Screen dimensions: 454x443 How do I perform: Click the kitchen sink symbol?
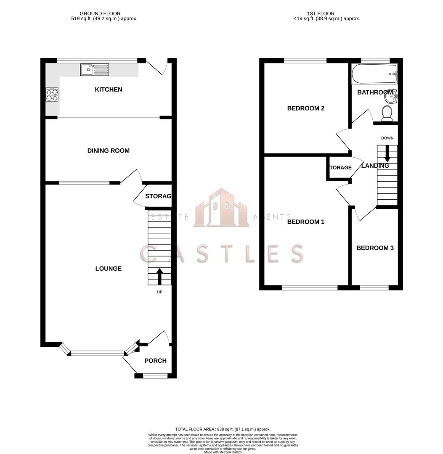(x=95, y=70)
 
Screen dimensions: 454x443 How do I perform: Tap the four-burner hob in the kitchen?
(x=52, y=95)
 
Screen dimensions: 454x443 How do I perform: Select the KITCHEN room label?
(x=109, y=90)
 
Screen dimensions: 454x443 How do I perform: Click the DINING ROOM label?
(x=109, y=150)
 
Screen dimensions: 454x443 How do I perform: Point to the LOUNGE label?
(x=109, y=269)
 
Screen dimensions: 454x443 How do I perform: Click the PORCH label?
(x=155, y=361)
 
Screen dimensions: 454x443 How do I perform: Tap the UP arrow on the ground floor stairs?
(x=159, y=277)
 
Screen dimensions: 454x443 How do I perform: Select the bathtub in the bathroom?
(x=374, y=74)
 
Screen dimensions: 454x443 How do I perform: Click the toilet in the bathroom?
(x=387, y=113)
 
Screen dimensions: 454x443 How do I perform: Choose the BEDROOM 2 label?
(x=306, y=108)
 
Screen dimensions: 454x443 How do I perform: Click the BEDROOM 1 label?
(x=306, y=222)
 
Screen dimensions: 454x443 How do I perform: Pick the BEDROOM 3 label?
(x=375, y=248)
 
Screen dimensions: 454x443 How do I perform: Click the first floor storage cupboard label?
(x=340, y=168)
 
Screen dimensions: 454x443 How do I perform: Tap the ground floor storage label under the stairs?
(x=158, y=196)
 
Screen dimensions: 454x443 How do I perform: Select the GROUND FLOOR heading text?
(x=100, y=13)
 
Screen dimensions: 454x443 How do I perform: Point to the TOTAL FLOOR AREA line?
(x=223, y=429)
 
